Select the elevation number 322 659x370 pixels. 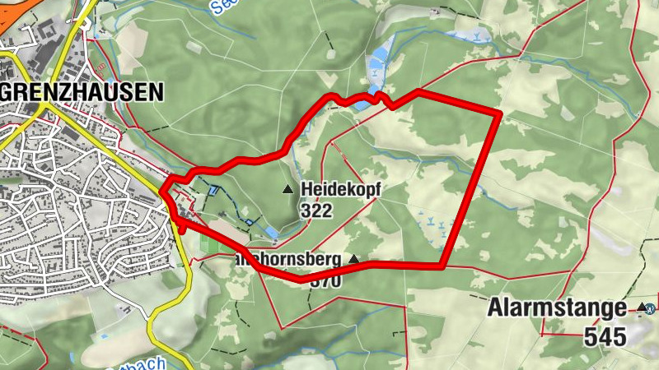pyautogui.click(x=315, y=210)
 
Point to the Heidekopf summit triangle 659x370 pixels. pyautogui.click(x=288, y=190)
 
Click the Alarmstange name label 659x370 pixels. pyautogui.click(x=557, y=309)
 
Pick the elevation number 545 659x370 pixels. pyautogui.click(x=605, y=335)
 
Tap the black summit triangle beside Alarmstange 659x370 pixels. pyautogui.click(x=641, y=308)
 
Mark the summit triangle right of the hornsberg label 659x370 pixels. pyautogui.click(x=354, y=259)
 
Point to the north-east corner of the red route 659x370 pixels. pyautogui.click(x=499, y=112)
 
